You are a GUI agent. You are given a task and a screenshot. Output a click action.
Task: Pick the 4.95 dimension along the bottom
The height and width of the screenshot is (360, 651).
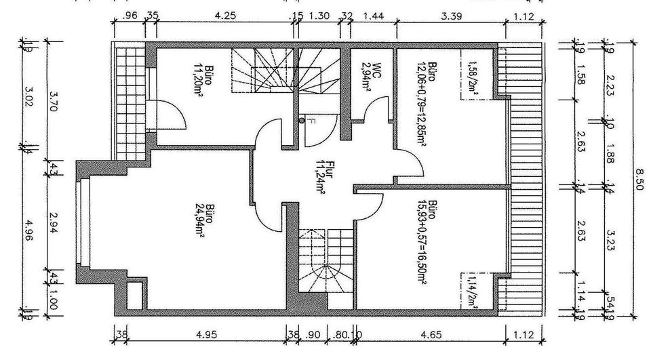tap(205, 334)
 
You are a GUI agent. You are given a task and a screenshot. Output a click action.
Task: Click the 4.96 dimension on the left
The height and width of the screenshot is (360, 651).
tap(28, 232)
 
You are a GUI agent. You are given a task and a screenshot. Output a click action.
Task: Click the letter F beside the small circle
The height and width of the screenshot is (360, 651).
tap(310, 122)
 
